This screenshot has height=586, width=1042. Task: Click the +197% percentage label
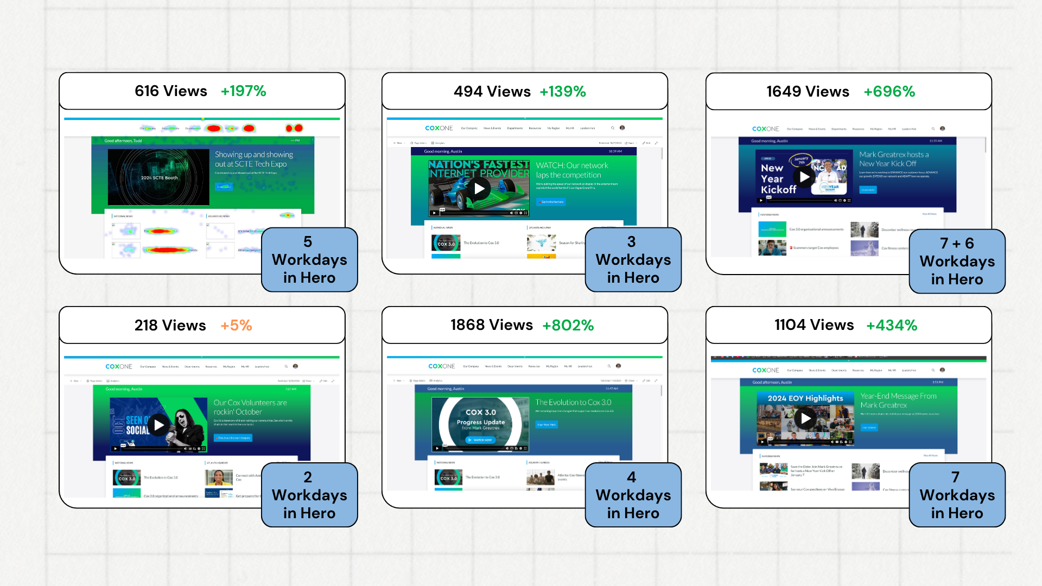point(243,91)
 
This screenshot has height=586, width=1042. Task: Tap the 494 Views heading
point(492,92)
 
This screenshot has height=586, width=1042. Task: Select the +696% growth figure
point(889,92)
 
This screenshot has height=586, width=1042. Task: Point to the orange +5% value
point(236,326)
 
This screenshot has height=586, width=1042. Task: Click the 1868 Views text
point(491,325)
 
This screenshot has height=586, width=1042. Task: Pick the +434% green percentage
point(891,326)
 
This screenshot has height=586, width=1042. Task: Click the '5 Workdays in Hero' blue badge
point(309,260)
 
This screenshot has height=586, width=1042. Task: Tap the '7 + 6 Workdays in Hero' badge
point(957,262)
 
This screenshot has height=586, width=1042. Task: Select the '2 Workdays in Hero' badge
point(309,495)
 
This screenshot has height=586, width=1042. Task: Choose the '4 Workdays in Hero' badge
point(633,495)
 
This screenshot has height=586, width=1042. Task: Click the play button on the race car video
point(479,188)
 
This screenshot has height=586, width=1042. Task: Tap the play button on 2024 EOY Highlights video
point(806,418)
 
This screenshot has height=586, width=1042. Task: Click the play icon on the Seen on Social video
point(158,425)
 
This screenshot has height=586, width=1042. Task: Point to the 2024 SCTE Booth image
point(158,177)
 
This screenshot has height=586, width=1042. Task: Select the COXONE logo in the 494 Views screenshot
point(439,128)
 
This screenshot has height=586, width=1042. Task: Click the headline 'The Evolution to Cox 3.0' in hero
point(573,403)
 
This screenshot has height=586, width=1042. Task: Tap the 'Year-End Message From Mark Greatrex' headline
point(898,400)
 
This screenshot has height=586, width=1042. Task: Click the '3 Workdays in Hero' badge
point(633,260)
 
